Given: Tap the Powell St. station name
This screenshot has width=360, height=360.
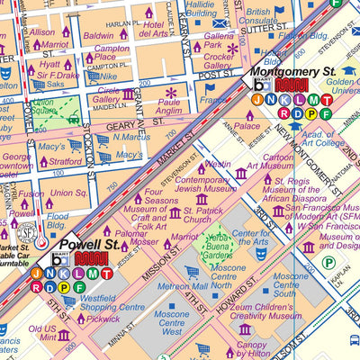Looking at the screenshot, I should coord(89,244).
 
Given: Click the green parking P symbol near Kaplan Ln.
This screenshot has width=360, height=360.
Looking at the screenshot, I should coord(328,263).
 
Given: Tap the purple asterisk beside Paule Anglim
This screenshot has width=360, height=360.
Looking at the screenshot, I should coord(170,92).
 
